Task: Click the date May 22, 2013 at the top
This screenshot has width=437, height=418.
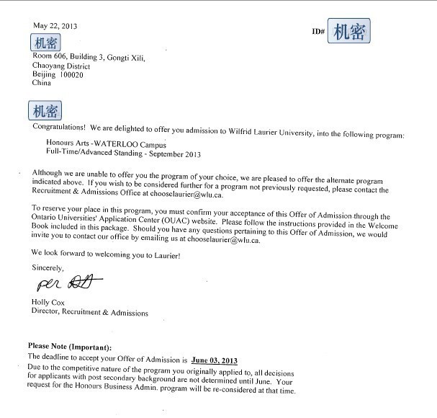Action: pos(55,26)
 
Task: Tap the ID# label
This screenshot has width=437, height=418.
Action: pos(318,32)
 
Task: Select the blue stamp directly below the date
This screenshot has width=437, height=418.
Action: pos(45,42)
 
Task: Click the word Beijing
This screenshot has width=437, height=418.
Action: pos(44,74)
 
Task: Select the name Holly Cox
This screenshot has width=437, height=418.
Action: pos(48,302)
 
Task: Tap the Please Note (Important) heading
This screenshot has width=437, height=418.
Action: pos(70,347)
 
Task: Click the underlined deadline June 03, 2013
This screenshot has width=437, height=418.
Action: pos(214,359)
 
